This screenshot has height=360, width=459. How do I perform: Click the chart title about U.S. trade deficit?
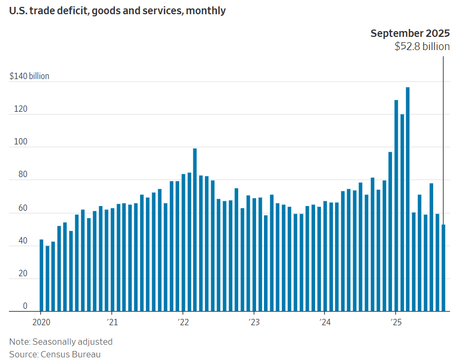tap(118, 11)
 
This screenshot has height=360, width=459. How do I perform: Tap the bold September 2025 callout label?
tap(410, 33)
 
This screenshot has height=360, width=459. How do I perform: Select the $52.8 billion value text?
tap(422, 46)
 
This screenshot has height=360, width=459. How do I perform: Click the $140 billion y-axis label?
tap(30, 76)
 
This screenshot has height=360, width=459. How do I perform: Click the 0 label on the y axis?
tap(25, 306)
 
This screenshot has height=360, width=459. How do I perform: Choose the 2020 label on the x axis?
tap(42, 322)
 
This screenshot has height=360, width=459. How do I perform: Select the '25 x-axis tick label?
tap(395, 322)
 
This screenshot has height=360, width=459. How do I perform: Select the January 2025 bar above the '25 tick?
tap(396, 206)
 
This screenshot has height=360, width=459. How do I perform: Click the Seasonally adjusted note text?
tap(61, 342)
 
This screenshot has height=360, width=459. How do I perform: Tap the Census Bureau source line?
tap(55, 354)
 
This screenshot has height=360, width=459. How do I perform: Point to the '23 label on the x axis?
tap(253, 322)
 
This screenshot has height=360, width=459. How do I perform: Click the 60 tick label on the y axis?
tap(22, 208)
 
